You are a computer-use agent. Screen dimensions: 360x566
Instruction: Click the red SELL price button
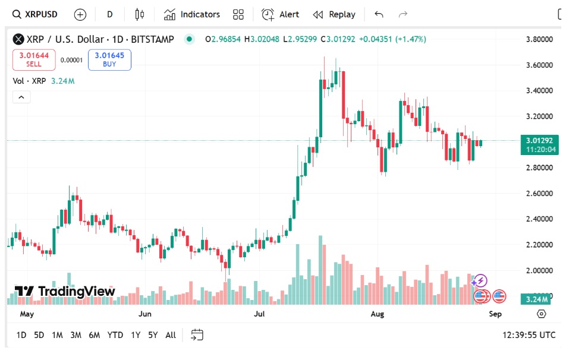(34, 59)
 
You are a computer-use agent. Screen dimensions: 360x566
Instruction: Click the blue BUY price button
(109, 59)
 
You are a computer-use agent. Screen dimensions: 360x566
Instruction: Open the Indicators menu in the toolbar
(192, 14)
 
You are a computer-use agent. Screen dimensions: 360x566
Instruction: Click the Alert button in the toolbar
(281, 14)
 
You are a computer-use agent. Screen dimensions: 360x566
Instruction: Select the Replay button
(334, 14)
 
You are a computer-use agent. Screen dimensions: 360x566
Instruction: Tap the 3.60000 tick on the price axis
(539, 65)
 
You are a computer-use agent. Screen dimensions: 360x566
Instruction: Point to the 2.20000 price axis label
(539, 244)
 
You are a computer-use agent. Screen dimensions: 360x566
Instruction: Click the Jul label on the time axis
(259, 314)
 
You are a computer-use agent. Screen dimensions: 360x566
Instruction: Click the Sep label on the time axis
(495, 314)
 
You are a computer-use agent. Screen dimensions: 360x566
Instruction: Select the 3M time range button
(76, 335)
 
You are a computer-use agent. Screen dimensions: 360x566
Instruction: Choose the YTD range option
(115, 335)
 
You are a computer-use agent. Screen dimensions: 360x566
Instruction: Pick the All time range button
(171, 335)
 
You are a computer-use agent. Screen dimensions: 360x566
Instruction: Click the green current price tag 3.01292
(539, 141)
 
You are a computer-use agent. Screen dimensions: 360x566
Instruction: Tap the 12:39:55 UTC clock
(529, 335)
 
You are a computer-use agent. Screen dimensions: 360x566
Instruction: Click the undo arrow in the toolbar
(379, 14)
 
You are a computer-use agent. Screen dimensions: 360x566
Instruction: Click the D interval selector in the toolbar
(109, 14)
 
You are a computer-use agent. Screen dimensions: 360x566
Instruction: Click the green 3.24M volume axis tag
(539, 299)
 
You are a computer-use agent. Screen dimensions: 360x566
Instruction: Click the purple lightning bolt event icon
(480, 280)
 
